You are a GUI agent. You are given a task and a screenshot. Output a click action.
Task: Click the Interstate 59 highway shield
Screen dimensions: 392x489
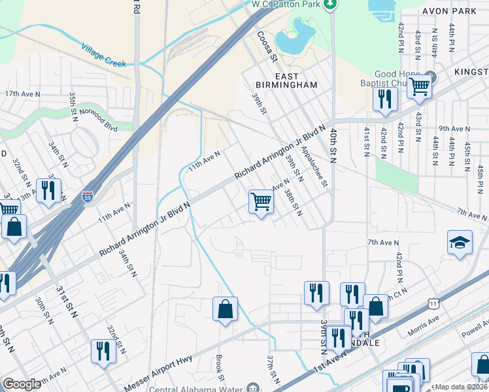tap(88, 195)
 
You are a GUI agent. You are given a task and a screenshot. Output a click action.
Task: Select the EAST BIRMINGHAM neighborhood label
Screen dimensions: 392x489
tap(286, 80)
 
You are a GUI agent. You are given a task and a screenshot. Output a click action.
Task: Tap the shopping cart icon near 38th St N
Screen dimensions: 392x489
tap(261, 202)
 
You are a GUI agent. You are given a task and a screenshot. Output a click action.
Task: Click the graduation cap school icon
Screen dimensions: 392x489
tap(460, 243)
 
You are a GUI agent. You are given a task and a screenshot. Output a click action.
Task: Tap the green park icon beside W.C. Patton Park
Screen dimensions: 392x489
tap(331, 5)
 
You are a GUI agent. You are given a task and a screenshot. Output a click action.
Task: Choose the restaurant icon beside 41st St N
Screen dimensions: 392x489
tap(384, 99)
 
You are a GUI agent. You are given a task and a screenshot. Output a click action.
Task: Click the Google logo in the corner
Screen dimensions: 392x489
tap(22, 384)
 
